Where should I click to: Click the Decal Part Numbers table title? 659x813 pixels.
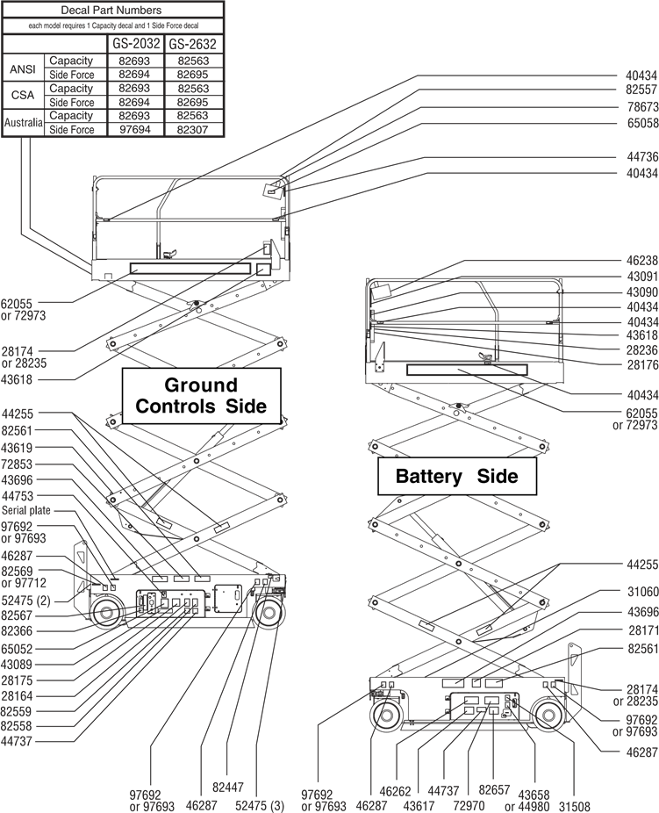tap(111, 11)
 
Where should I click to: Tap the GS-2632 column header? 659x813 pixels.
tap(193, 44)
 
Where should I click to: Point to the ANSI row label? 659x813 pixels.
tap(21, 68)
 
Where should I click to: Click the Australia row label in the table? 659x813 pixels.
tap(23, 123)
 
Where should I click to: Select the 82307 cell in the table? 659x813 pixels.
tap(193, 130)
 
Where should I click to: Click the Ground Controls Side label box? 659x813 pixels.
tap(200, 396)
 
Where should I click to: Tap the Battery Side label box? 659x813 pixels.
tap(456, 477)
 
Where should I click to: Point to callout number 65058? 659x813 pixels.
tap(642, 123)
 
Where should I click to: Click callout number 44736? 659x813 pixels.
tap(642, 157)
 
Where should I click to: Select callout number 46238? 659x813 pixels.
tap(642, 261)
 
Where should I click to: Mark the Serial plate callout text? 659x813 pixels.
tap(25, 509)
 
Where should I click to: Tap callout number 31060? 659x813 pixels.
tap(642, 592)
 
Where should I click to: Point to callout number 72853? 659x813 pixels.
tap(18, 464)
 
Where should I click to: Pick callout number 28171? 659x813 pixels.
tap(642, 630)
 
